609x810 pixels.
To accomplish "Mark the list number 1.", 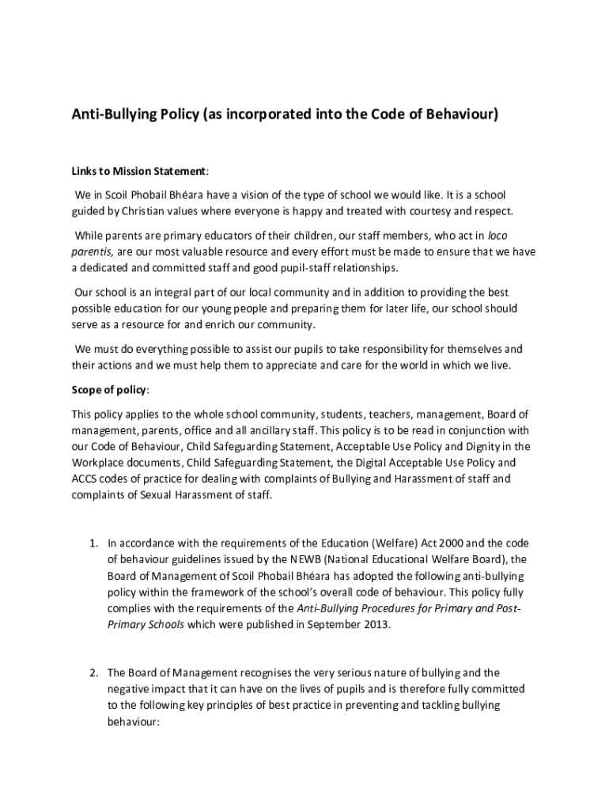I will (93, 543).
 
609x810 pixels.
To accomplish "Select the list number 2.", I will (93, 673).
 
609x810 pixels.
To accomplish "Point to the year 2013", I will (376, 624).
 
